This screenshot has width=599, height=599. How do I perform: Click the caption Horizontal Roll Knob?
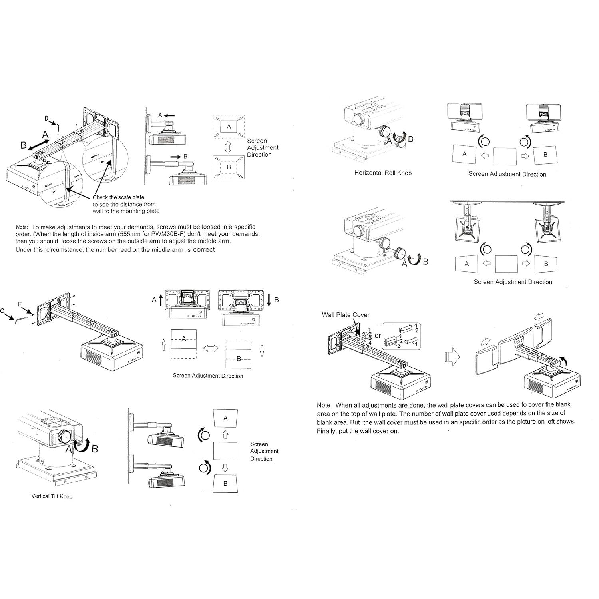point(383,173)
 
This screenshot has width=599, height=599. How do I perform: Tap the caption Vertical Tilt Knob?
point(52,496)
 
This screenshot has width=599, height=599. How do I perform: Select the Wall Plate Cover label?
point(346,315)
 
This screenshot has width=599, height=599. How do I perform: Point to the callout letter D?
point(46,118)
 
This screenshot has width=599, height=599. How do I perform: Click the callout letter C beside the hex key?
point(2,310)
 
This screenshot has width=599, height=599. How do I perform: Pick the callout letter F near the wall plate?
point(20,304)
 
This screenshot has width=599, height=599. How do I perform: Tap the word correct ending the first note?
point(204,250)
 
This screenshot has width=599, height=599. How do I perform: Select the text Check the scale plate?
point(118,197)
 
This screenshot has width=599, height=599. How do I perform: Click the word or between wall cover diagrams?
point(378,336)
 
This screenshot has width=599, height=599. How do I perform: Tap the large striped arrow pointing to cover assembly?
point(452,356)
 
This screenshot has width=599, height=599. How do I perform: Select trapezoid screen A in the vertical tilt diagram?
point(225,418)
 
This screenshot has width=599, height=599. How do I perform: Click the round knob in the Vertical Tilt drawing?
point(64,436)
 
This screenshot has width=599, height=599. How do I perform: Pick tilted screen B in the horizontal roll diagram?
point(545,155)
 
